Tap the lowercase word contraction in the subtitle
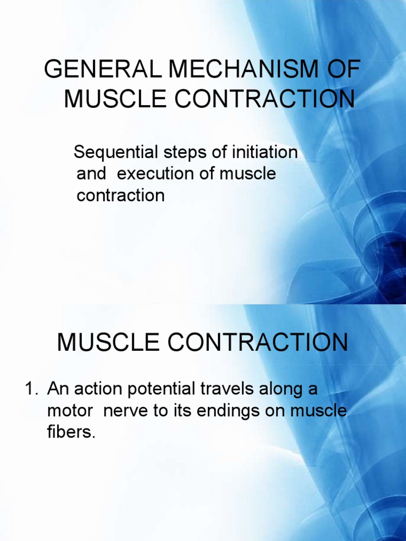coord(121,195)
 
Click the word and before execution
coord(91,174)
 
